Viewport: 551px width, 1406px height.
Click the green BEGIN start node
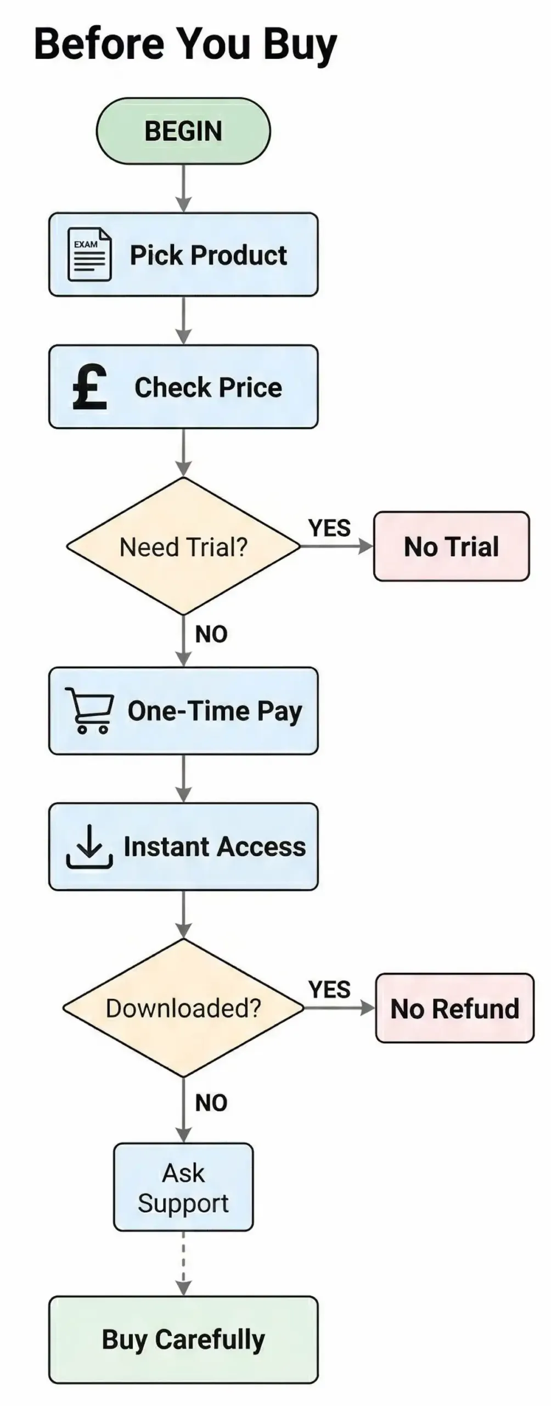pos(183,131)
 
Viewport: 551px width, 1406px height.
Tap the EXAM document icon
pos(89,255)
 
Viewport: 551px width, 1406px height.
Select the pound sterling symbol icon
pos(89,387)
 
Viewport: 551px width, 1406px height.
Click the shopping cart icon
pos(89,710)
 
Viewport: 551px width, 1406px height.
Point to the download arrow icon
pos(89,846)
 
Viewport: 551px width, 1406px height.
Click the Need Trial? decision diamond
pos(183,546)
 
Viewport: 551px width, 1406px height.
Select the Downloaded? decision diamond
pos(183,1008)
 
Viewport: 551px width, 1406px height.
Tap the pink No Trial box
pos(451,546)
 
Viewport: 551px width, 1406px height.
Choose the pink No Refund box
pos(454,1008)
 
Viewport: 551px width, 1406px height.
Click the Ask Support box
pos(183,1187)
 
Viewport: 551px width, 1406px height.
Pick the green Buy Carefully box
pos(183,1340)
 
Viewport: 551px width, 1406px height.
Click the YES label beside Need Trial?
pos(329,528)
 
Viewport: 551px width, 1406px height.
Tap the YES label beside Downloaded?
pos(329,990)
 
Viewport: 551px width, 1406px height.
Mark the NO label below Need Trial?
pos(211,634)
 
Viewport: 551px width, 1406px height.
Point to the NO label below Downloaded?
pos(211,1103)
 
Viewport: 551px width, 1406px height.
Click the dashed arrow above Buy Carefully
pos(183,1263)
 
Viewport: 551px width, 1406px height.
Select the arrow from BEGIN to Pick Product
pos(183,188)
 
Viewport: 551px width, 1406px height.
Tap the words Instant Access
pos(215,846)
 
